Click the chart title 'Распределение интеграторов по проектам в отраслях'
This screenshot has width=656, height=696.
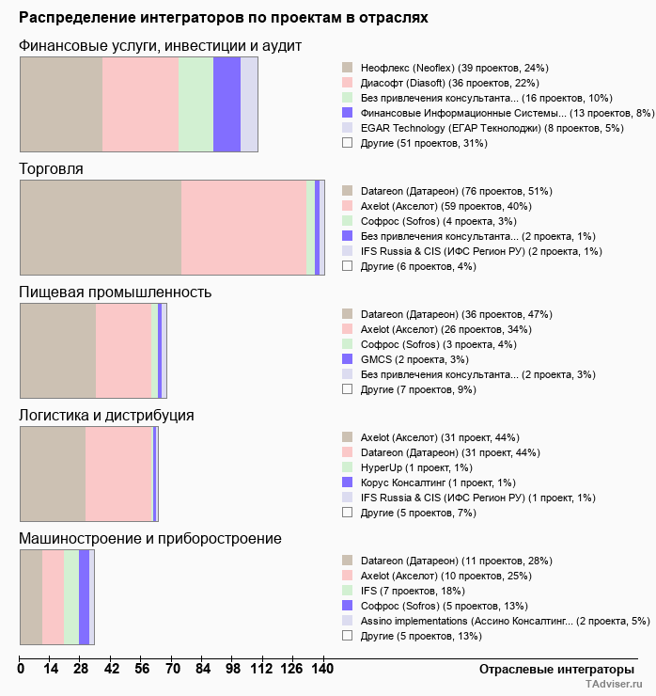pos(224,17)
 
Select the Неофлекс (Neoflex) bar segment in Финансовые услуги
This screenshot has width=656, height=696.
pos(61,103)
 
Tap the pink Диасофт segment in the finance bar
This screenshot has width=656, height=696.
pos(140,103)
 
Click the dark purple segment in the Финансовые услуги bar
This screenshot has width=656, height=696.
pos(226,103)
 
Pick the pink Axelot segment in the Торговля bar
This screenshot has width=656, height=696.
pos(243,227)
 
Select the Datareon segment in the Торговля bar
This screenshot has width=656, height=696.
pos(101,227)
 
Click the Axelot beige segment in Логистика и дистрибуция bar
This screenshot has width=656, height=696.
pos(53,473)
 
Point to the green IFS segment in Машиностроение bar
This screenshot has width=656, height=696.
pos(71,596)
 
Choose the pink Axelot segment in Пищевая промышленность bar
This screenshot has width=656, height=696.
pos(123,350)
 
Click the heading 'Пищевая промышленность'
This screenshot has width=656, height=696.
pos(116,292)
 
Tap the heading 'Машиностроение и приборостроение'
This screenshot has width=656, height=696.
pos(150,538)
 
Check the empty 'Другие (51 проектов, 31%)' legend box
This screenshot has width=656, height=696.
pos(347,143)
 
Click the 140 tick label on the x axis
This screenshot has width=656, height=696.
pos(322,669)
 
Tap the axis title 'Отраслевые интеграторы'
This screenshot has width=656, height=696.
pos(551,669)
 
